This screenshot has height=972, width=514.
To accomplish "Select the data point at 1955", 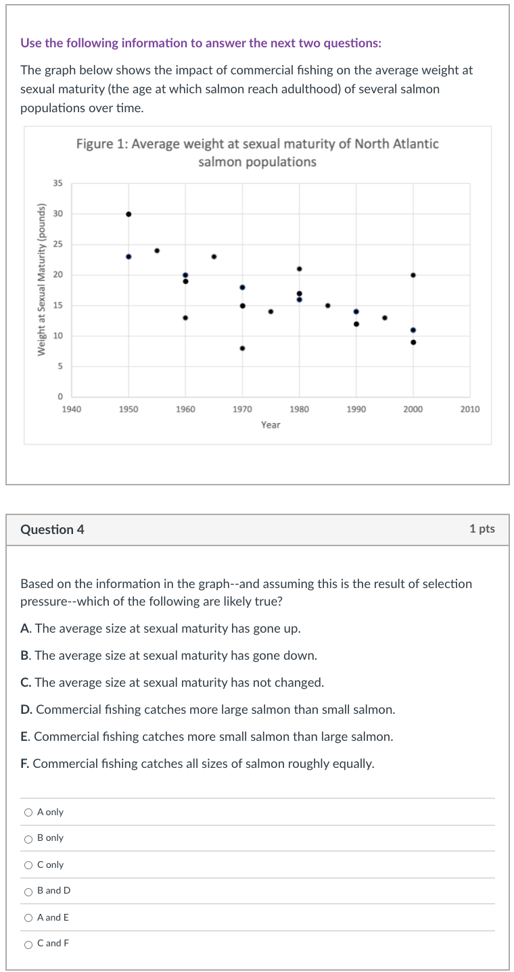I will (157, 250).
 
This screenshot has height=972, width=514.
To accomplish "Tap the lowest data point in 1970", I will (242, 348).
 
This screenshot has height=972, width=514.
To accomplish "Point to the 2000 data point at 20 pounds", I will (413, 274).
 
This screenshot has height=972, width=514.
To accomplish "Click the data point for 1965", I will (214, 256).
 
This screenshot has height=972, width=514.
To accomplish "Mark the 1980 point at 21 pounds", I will (300, 268).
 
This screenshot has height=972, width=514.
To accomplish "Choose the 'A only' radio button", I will (28, 812).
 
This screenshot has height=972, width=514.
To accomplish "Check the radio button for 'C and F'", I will (28, 944).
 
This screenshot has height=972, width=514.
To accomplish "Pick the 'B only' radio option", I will (28, 839).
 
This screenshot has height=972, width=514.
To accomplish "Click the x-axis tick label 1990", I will (356, 409).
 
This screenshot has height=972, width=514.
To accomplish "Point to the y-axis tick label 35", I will (58, 183).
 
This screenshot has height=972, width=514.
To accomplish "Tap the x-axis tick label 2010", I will (470, 409).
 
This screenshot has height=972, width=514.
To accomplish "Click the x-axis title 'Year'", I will (271, 424).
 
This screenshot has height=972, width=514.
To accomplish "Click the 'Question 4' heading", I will (53, 529).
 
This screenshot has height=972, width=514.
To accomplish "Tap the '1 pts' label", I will (482, 529).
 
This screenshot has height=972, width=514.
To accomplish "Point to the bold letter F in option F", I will (24, 764).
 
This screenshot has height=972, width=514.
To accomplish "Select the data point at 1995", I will (385, 318).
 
